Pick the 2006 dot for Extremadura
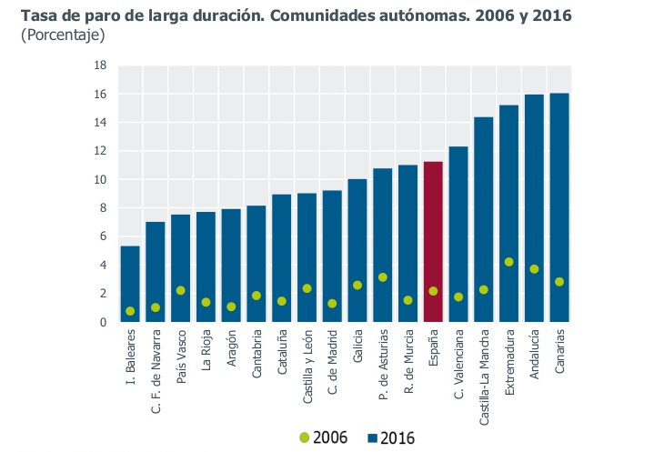pos(509,262)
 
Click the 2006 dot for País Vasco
pos(181,291)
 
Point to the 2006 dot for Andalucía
pos(534,269)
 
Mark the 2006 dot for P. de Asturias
pos(383,277)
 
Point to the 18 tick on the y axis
pos(101,65)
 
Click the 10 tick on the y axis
pos(101,180)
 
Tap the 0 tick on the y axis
pos(104,322)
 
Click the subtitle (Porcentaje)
pos(63,35)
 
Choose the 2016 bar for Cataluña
pos(282,258)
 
